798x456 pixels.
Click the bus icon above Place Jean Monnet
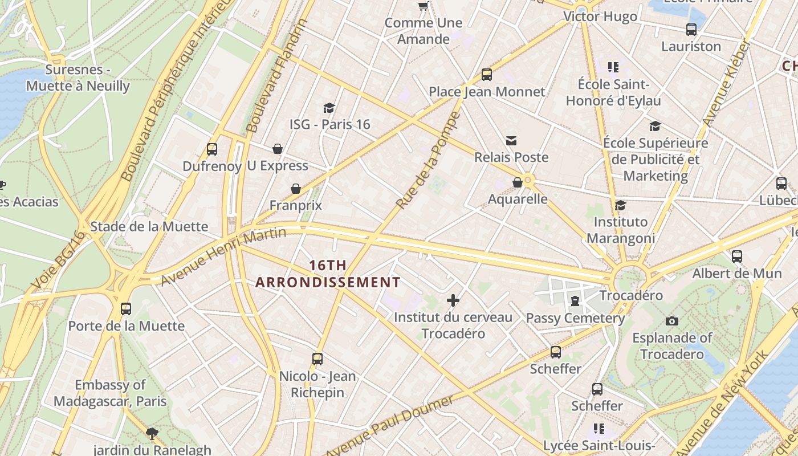pos(486,74)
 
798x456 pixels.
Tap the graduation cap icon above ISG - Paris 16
pos(329,108)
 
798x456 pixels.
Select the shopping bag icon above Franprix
pos(296,189)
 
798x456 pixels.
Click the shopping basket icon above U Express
pos(278,149)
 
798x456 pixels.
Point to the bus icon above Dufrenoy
pos(212,149)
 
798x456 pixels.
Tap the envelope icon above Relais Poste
pos(511,141)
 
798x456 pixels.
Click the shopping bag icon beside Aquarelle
pos(518,182)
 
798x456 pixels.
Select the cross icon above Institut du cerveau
pos(453,300)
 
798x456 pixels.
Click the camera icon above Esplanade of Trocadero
pos(672,321)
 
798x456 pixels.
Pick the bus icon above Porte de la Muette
pos(126,309)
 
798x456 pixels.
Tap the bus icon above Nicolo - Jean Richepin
pos(317,359)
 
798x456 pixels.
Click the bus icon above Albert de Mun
pos(737,256)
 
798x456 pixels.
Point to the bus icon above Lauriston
pos(691,30)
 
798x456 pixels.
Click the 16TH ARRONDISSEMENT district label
pos(328,274)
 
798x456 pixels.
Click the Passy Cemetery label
pos(575,318)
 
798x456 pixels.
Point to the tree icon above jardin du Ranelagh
pos(152,433)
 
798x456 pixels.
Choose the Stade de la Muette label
pos(149,226)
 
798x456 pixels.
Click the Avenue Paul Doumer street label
pos(390,425)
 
